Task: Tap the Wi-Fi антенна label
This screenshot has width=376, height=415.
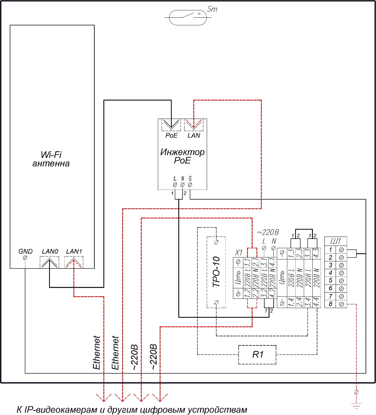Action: pos(51,159)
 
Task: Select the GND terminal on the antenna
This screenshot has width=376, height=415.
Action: pos(25,258)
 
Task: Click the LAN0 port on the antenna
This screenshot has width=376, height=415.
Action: pos(49,262)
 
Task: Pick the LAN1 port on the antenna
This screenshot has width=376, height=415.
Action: pos(74,262)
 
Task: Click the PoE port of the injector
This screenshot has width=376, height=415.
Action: pos(171,125)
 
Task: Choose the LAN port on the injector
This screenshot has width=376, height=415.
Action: pos(194,125)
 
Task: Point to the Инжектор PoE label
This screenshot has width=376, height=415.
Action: pos(182,156)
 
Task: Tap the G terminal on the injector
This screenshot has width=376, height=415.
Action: pos(190,184)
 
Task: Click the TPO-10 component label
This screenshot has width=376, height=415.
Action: pos(216,272)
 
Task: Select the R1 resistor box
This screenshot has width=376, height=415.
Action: pos(257,355)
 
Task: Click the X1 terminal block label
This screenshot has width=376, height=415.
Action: pos(238,252)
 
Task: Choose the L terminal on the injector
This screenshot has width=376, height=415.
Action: pos(175,184)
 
